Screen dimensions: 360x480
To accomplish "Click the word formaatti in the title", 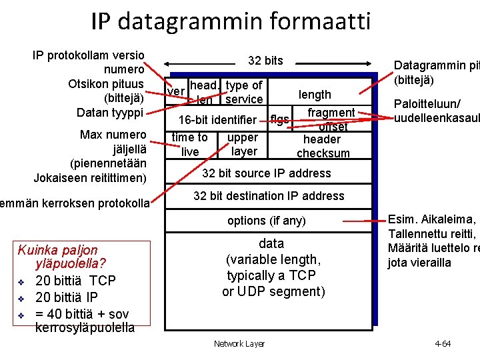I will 321,22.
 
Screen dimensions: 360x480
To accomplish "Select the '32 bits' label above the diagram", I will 265,61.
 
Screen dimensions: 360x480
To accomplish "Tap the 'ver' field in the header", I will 176,91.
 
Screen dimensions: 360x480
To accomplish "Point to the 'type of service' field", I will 244,93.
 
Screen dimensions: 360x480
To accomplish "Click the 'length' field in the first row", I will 314,95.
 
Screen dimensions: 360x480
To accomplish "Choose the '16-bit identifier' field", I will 217,120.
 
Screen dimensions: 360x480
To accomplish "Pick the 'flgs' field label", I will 279,120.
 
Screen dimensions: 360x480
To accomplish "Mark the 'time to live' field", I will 190,145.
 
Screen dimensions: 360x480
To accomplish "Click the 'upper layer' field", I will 243,145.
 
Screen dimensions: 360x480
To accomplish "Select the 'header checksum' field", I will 323,146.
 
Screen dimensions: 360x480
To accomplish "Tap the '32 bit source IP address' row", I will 266,173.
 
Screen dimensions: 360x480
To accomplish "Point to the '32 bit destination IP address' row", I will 269,196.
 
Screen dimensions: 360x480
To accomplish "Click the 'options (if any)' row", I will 266,221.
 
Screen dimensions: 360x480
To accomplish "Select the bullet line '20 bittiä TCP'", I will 75,281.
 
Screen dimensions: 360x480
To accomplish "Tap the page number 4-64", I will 443,344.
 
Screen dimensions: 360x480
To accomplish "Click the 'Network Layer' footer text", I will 239,344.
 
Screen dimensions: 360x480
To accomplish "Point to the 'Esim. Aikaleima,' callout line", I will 432,220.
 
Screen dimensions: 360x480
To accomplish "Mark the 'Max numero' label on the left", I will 113,135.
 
